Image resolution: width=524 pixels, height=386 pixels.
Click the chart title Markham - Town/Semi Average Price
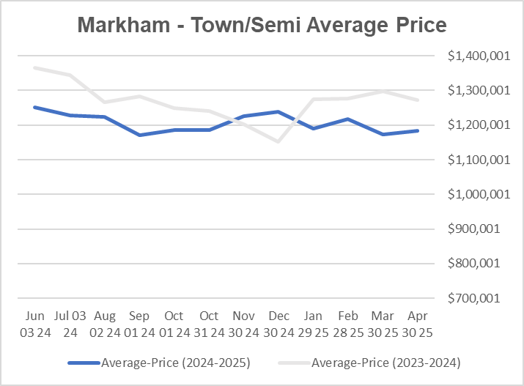point(262,26)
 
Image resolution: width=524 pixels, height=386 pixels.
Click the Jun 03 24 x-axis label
point(34,324)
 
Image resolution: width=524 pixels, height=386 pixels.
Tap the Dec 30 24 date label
point(278,324)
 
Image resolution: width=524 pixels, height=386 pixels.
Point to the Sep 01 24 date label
point(139,324)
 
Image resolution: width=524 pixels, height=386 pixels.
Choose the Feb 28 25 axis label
point(348,324)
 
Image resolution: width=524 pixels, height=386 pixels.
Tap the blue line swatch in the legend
point(84,363)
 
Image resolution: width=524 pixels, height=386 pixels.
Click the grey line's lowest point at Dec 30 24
point(278,141)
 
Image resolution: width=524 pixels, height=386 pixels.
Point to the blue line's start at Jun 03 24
point(34,107)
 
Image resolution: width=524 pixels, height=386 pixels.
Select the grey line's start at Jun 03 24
point(34,67)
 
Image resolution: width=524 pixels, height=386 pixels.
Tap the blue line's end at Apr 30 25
point(418,131)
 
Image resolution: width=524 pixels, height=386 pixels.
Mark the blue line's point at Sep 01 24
point(139,135)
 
